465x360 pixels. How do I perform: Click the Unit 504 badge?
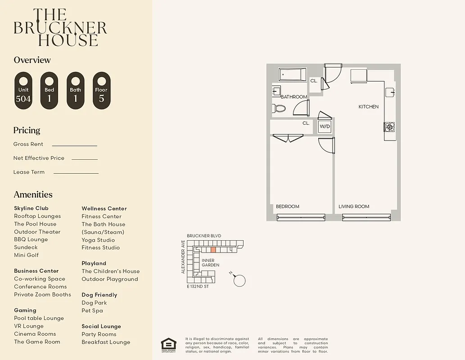pos(23,90)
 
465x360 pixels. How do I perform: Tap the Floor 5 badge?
pos(101,90)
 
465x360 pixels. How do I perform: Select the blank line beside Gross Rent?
pos(74,145)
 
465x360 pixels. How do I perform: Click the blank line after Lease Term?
pos(76,173)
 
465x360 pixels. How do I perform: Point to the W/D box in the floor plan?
pos(325,126)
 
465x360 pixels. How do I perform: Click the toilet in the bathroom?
pos(279,108)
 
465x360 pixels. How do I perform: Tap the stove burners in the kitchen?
pos(389,127)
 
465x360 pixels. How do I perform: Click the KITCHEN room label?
pos(368,107)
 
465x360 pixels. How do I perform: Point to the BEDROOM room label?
pos(287,207)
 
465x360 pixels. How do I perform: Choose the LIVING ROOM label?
pos(354,207)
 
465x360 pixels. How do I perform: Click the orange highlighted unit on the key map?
pos(213,249)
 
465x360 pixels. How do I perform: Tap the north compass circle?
pos(239,280)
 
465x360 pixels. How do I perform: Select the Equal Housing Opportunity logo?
pos(169,345)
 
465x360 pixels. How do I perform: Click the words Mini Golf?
pos(26,255)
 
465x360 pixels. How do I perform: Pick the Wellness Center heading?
pos(104,208)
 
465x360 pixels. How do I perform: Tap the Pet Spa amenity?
pos(92,310)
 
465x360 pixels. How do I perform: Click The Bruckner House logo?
pos(60,27)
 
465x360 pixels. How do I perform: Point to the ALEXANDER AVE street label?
pos(183,257)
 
